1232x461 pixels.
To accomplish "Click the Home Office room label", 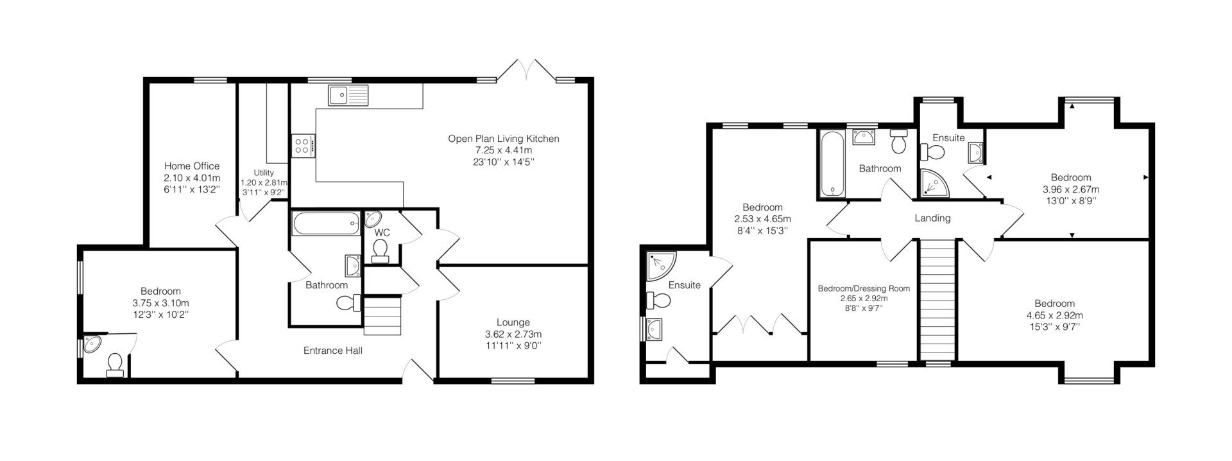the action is tap(192, 166).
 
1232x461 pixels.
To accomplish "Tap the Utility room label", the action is tap(264, 173).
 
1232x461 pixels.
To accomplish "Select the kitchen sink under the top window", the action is tap(347, 94).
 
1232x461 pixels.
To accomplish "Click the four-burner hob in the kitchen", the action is tap(304, 145).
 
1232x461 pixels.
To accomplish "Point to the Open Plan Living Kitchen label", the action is tap(504, 139).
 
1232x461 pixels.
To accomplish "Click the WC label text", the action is tap(382, 232).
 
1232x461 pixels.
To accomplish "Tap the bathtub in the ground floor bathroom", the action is tap(325, 224).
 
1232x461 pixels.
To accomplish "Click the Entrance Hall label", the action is tap(333, 351).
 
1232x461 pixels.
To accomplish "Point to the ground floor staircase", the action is tap(383, 315).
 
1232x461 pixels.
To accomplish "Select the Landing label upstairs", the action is tap(932, 218).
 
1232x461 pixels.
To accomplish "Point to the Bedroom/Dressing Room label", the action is tap(864, 289).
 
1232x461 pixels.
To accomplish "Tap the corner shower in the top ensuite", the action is tap(935, 182).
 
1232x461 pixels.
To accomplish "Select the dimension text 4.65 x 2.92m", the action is tap(1054, 315).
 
